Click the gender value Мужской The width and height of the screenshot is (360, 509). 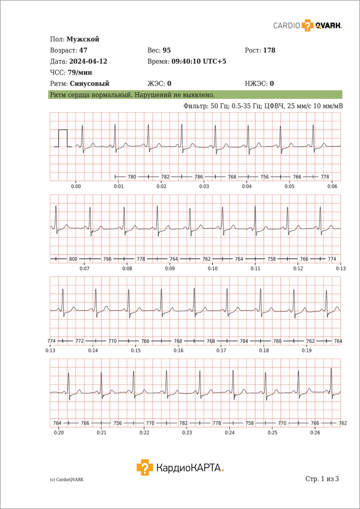(83, 39)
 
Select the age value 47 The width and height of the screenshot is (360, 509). (83, 50)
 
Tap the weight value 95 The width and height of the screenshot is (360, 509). (167, 50)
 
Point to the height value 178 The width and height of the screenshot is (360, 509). (269, 50)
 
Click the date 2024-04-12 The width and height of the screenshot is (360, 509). (88, 62)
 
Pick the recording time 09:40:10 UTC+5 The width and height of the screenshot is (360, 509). (199, 62)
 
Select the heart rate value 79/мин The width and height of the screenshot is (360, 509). (80, 73)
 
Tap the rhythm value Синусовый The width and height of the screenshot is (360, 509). (89, 84)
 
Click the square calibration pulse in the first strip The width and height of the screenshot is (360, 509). (63, 138)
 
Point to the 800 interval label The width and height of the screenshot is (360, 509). (73, 259)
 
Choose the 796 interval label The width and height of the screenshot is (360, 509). (107, 259)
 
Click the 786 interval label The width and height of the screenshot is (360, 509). (199, 176)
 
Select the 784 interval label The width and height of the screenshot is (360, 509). (244, 341)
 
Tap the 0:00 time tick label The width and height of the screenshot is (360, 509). (76, 187)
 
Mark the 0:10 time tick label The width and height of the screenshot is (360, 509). (212, 269)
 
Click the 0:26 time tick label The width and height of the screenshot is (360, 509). (315, 433)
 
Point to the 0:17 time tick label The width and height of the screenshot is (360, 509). (221, 351)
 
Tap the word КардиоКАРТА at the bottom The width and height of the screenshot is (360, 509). (190, 468)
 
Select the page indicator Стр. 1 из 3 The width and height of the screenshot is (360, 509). (322, 479)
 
